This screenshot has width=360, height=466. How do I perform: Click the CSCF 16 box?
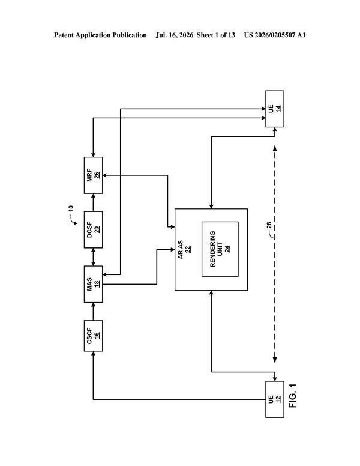pyautogui.click(x=93, y=336)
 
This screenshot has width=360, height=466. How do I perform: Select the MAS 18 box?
pyautogui.click(x=93, y=284)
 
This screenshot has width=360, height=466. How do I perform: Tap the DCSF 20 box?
pyautogui.click(x=93, y=230)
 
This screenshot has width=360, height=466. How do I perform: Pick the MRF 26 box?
pyautogui.click(x=93, y=175)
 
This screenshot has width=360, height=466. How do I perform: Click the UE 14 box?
pyautogui.click(x=275, y=109)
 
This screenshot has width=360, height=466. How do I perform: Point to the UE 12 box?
pyautogui.click(x=275, y=399)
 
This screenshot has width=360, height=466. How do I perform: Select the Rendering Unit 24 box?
pyautogui.click(x=220, y=249)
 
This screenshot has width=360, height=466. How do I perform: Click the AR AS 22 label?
pyautogui.click(x=184, y=250)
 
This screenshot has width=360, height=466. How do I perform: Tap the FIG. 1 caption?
pyautogui.click(x=293, y=396)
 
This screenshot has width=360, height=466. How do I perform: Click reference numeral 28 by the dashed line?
pyautogui.click(x=269, y=225)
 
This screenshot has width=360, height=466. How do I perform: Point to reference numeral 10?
pyautogui.click(x=70, y=208)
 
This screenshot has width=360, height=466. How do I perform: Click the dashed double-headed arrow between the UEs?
pyautogui.click(x=275, y=254)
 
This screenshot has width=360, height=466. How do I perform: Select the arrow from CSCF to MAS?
pyautogui.click(x=93, y=312)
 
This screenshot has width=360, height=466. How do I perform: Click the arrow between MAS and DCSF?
pyautogui.click(x=93, y=257)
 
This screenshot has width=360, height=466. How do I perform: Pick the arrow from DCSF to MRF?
pyautogui.click(x=93, y=203)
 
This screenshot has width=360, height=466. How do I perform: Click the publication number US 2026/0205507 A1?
pyautogui.click(x=275, y=35)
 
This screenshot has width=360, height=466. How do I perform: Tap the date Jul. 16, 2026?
pyautogui.click(x=175, y=35)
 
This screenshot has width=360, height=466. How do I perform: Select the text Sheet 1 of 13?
pyautogui.click(x=215, y=35)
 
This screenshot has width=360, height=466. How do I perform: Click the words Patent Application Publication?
pyautogui.click(x=100, y=35)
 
